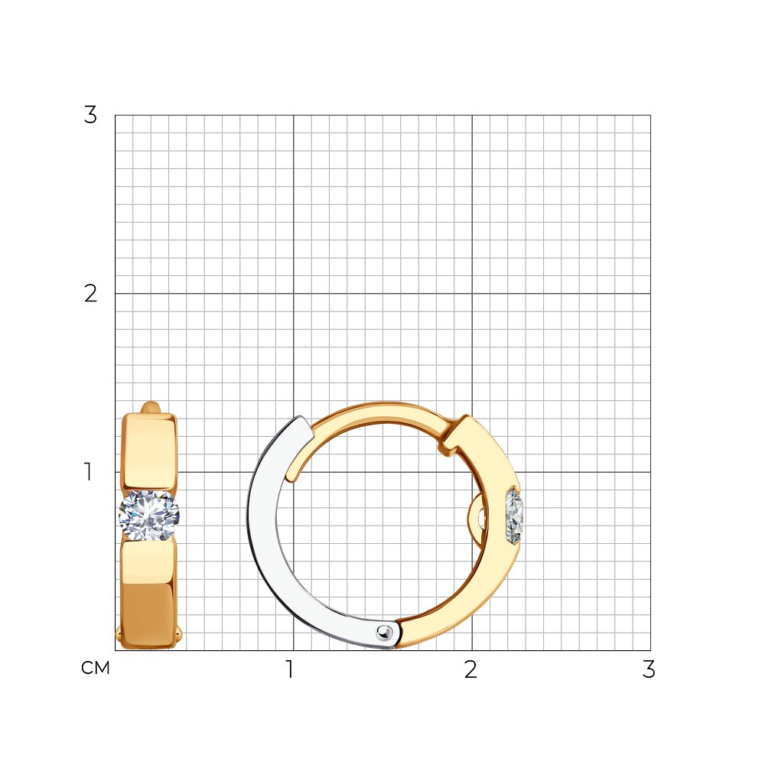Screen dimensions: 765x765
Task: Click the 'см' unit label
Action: [96, 668]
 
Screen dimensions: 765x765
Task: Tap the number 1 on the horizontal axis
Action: [290, 669]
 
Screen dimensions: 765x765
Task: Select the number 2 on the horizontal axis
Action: [470, 669]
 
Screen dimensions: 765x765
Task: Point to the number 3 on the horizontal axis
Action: [649, 669]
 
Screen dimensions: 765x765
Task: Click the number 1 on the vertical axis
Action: [88, 472]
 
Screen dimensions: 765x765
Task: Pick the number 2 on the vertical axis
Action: [91, 293]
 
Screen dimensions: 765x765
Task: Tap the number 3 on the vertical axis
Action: [91, 115]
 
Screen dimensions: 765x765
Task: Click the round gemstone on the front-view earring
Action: [149, 515]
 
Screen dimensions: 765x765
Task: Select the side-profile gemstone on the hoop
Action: [515, 516]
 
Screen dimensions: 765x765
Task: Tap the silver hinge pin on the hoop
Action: [385, 633]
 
